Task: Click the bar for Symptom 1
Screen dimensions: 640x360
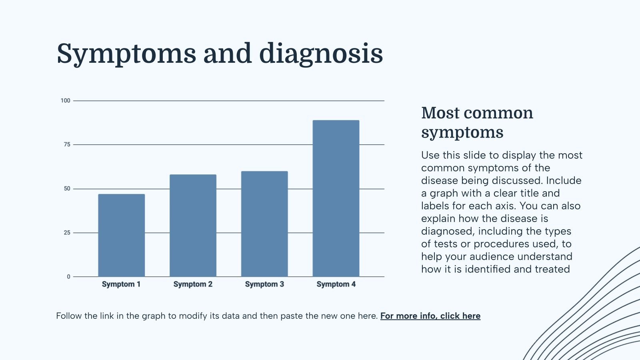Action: coord(122,235)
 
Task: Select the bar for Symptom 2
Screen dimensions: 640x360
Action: coord(193,226)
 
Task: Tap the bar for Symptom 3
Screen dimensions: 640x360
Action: coord(264,224)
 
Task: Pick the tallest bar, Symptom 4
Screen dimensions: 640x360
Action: coord(336,198)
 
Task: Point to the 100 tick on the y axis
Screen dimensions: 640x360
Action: coord(65,100)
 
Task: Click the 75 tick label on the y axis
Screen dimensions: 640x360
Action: coord(67,144)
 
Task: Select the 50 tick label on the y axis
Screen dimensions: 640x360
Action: coord(67,188)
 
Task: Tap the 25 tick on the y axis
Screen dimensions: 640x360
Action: coord(67,232)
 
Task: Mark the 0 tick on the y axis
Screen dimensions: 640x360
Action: coord(68,276)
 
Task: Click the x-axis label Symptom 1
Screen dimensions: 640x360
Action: coord(121,284)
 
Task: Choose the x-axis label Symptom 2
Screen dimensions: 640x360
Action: coord(193,284)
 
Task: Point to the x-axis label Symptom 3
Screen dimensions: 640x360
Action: coord(264,284)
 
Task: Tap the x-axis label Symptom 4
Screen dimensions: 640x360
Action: coord(336,284)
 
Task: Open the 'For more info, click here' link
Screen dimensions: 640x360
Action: coord(430,316)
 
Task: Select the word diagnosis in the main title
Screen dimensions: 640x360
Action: coord(321,54)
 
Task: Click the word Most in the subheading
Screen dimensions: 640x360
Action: coord(440,113)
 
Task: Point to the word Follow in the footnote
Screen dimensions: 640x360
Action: coord(69,316)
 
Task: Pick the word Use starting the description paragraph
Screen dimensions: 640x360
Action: coord(430,155)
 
